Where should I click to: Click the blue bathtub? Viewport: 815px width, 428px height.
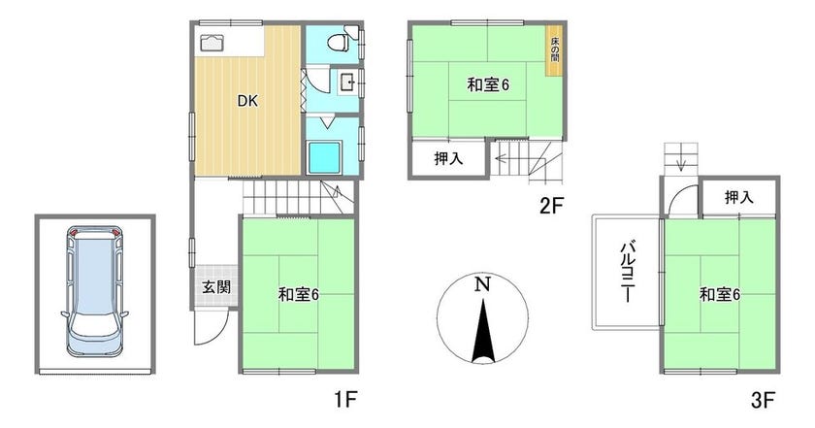pyautogui.click(x=325, y=155)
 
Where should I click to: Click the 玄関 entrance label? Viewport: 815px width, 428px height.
pyautogui.click(x=214, y=287)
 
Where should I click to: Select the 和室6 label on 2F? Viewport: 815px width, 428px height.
pyautogui.click(x=488, y=85)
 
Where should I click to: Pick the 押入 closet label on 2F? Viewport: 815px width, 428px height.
pyautogui.click(x=447, y=158)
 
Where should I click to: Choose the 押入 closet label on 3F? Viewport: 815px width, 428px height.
pyautogui.click(x=739, y=197)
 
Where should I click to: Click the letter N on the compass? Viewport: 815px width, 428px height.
pyautogui.click(x=481, y=284)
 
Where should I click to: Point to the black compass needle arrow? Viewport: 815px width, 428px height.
pyautogui.click(x=481, y=335)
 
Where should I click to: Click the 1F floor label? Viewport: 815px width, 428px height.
pyautogui.click(x=346, y=399)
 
